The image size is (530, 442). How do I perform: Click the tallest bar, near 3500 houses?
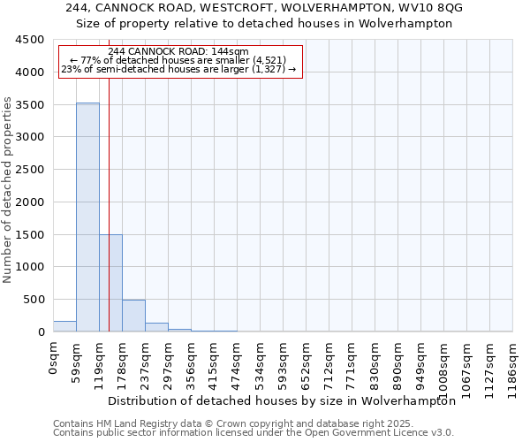coord(87,217)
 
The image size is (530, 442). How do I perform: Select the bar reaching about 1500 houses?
coord(110,283)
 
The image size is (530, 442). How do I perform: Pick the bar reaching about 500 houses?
coord(133,316)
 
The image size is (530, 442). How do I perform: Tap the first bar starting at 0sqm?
coord(64,326)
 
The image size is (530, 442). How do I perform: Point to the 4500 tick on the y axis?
coord(30,40)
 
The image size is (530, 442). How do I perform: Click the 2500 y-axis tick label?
coord(30,170)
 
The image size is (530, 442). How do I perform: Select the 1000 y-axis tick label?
coord(30,267)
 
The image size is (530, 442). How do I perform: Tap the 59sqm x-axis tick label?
coord(76,362)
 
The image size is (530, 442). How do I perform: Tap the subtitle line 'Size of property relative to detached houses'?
coord(264,24)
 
